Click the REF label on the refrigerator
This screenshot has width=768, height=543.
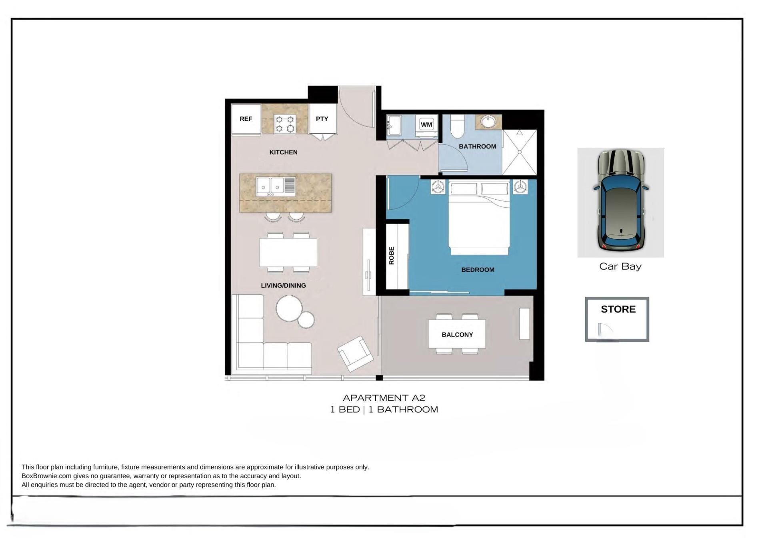pyautogui.click(x=246, y=119)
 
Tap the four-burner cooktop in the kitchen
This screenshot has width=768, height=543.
pyautogui.click(x=285, y=124)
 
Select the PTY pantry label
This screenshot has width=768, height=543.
pyautogui.click(x=322, y=119)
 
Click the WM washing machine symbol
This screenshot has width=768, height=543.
pyautogui.click(x=426, y=124)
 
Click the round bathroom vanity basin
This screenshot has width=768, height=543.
pyautogui.click(x=488, y=121)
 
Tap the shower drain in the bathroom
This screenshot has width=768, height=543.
pyautogui.click(x=520, y=152)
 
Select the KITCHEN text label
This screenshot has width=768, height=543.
pyautogui.click(x=283, y=152)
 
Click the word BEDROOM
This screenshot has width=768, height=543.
pyautogui.click(x=478, y=270)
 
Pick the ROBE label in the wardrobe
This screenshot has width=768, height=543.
pyautogui.click(x=392, y=256)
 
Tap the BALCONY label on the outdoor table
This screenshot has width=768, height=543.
pyautogui.click(x=457, y=335)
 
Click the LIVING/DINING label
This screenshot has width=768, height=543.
pyautogui.click(x=283, y=285)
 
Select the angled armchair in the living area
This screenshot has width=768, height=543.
pyautogui.click(x=356, y=354)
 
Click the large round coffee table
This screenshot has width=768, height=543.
pyautogui.click(x=289, y=309)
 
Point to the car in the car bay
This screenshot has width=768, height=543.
pyautogui.click(x=621, y=200)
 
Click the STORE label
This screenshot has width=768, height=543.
pyautogui.click(x=618, y=309)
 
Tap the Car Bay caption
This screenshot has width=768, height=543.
pyautogui.click(x=620, y=266)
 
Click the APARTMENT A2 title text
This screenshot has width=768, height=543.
pyautogui.click(x=384, y=398)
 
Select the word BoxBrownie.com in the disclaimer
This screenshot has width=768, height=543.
pyautogui.click(x=46, y=476)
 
